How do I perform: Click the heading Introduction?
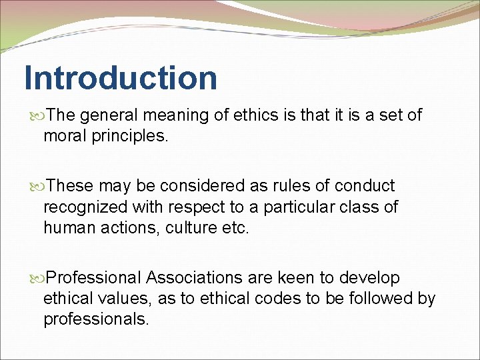point(121,78)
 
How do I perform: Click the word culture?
point(186,227)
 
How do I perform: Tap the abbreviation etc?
point(233,227)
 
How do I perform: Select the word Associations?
point(203,277)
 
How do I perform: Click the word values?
point(126,298)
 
